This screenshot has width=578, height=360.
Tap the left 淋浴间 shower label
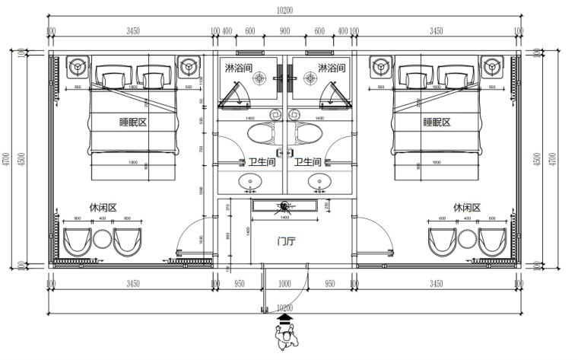pyautogui.click(x=236, y=68)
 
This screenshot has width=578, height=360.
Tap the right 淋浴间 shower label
pyautogui.click(x=332, y=68)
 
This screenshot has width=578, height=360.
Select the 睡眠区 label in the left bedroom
pyautogui.click(x=133, y=122)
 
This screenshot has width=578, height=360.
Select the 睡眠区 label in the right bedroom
pyautogui.click(x=437, y=122)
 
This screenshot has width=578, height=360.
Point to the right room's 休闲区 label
pyautogui.click(x=467, y=207)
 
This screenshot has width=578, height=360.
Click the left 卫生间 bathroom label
pyautogui.click(x=262, y=162)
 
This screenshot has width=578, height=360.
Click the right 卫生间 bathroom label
pyautogui.click(x=308, y=162)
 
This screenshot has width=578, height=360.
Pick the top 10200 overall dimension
pyautogui.click(x=284, y=11)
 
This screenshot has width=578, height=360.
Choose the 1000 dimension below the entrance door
pyautogui.click(x=284, y=284)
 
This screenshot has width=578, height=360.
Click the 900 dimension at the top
pyautogui.click(x=284, y=31)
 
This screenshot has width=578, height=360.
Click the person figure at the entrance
pyautogui.click(x=287, y=338)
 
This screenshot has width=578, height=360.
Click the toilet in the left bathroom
pyautogui.click(x=262, y=135)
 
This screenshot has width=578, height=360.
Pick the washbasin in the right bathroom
pyautogui.click(x=319, y=182)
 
